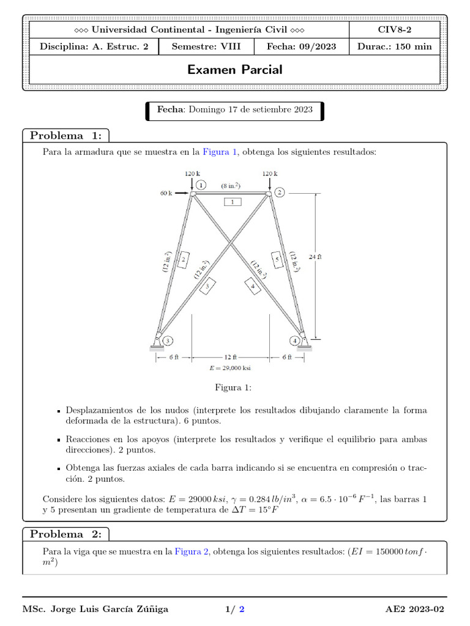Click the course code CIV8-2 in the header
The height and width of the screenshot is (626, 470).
(x=394, y=30)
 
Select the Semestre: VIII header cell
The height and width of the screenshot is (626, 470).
(x=210, y=46)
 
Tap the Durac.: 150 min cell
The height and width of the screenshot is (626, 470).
(x=394, y=46)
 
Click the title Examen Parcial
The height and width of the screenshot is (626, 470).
(x=235, y=70)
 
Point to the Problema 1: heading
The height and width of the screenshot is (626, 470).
(x=66, y=135)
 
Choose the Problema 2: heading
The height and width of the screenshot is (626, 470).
(x=66, y=534)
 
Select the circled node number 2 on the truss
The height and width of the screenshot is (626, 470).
(x=280, y=193)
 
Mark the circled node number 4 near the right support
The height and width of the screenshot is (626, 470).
(x=296, y=340)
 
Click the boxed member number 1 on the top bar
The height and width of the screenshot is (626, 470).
(x=233, y=201)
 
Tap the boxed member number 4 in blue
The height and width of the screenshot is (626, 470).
(x=253, y=285)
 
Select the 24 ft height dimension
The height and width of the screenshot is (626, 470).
(x=315, y=257)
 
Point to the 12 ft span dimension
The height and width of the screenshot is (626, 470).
(x=231, y=356)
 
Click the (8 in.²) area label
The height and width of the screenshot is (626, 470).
(x=231, y=185)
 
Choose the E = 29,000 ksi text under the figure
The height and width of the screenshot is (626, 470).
(x=230, y=368)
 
